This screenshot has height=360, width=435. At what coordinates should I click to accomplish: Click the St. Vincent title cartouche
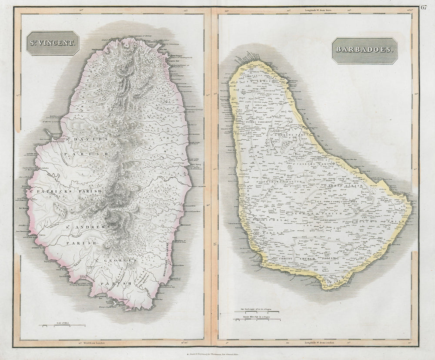click(x=52, y=44)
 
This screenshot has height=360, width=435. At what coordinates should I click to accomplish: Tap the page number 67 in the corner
click(x=424, y=6)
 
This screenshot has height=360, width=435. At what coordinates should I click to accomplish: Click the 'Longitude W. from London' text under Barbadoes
click(x=317, y=343)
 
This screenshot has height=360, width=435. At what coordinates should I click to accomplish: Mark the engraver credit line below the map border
click(x=217, y=354)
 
